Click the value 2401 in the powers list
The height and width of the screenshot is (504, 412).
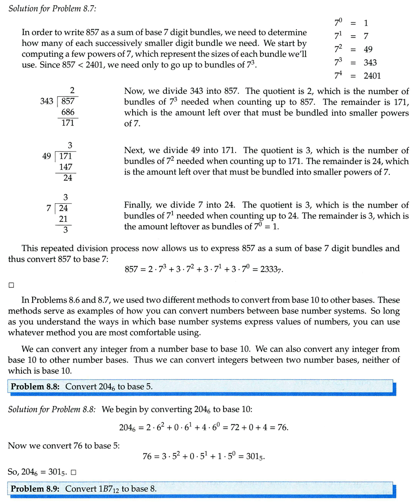coord(372,76)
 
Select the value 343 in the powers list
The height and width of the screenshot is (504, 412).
coord(370,63)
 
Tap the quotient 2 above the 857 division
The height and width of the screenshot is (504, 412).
coord(72,91)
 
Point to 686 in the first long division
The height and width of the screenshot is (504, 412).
coord(68,113)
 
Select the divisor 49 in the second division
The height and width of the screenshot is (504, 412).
coord(47,156)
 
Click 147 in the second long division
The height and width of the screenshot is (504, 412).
coord(66,167)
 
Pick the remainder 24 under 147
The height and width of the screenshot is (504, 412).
coord(68,178)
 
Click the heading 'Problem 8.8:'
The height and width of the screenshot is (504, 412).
coord(36,386)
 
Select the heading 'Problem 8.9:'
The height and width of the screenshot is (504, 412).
coord(36,489)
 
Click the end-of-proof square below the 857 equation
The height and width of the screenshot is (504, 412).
coord(12,285)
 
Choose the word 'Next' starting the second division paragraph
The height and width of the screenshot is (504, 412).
coord(133,150)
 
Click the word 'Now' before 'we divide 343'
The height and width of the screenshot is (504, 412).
coord(133,91)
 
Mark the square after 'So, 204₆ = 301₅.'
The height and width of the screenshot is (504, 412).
coord(74,473)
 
